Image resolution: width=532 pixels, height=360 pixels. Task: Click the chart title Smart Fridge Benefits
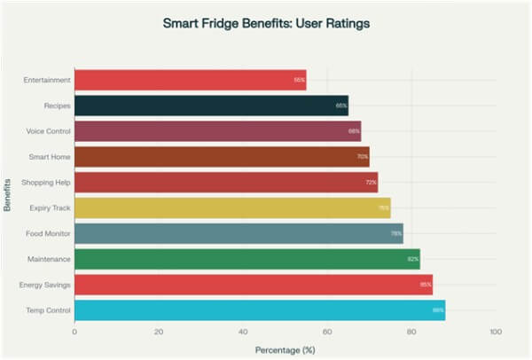point(266,24)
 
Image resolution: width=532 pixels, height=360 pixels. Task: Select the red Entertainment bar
point(190,80)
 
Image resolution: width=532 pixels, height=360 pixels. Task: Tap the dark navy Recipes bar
point(211,106)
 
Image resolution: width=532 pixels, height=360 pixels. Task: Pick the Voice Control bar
point(217,131)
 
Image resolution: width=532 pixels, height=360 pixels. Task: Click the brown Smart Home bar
point(222,157)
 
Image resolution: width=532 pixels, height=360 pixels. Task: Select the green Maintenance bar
point(246,260)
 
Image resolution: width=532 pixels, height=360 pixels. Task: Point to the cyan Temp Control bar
point(260,311)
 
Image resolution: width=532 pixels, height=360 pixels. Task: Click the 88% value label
point(438,311)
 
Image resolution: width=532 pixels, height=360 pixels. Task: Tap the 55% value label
point(300,80)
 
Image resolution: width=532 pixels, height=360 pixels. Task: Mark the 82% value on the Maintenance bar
point(413,260)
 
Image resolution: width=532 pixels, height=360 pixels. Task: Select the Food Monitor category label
point(49,234)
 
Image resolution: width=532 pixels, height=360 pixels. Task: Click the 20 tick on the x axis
point(159,332)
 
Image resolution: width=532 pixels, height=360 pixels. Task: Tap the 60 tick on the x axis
point(327,332)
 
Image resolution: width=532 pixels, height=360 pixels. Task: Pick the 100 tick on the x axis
point(495,332)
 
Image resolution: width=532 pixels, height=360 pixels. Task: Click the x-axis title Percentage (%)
point(285,349)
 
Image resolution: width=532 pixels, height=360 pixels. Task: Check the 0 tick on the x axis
point(74,332)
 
